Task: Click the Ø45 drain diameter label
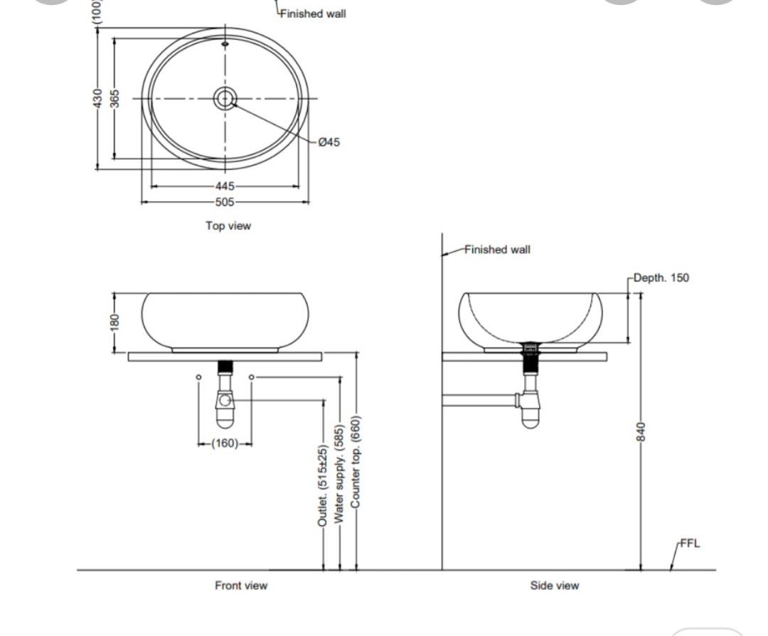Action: click(x=329, y=142)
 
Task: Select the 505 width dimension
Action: click(x=225, y=202)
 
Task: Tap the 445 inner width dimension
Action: click(x=225, y=186)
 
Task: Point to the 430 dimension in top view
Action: click(x=97, y=99)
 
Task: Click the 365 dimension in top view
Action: click(x=114, y=99)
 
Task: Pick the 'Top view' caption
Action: click(x=228, y=226)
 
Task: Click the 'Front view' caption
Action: click(x=241, y=586)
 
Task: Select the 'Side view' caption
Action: click(x=554, y=586)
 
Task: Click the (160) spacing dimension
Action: click(x=225, y=443)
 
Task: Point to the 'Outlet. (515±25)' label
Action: click(x=322, y=486)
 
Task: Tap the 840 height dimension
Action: click(x=640, y=431)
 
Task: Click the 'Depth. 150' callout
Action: click(x=661, y=278)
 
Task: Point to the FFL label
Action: click(x=690, y=544)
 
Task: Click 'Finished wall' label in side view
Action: click(x=497, y=249)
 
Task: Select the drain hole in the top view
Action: click(x=225, y=99)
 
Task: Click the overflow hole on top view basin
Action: click(x=225, y=44)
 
